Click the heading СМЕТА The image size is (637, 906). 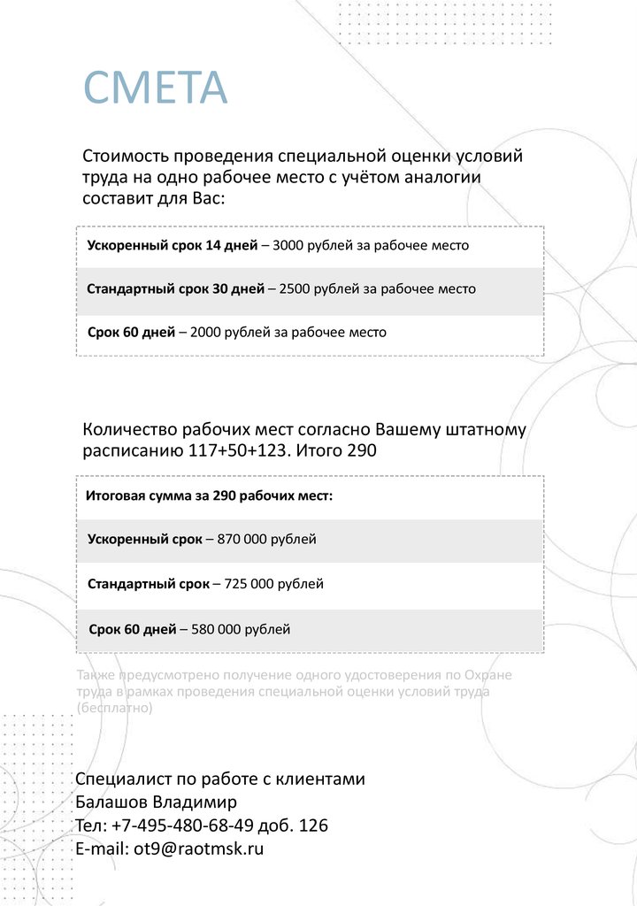click(155, 87)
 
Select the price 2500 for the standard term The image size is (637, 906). click(295, 289)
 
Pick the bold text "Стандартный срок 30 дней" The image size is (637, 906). click(175, 289)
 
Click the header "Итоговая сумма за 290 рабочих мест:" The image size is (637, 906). click(210, 495)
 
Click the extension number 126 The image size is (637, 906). click(314, 826)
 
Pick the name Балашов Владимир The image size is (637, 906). click(157, 803)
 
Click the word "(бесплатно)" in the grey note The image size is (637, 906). click(115, 709)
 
